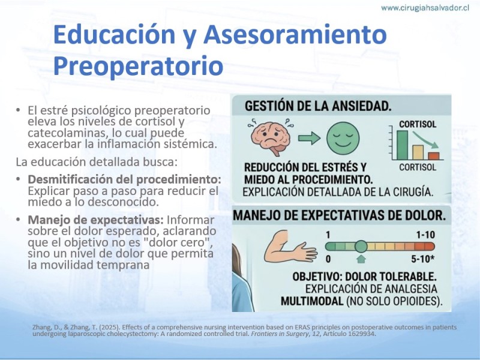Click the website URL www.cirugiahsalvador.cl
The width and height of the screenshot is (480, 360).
point(425,8)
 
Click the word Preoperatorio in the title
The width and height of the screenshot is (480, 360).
point(138,66)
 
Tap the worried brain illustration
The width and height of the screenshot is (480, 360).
point(271,137)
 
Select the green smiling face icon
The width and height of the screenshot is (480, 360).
point(343,138)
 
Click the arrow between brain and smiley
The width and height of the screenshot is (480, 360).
point(309,139)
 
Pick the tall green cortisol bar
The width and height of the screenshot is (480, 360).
point(402,145)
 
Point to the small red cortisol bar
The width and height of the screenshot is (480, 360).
point(434,156)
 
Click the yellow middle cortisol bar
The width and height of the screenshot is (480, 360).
point(418,152)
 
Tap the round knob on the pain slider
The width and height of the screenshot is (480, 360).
point(361,247)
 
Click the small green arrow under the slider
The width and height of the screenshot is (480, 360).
point(361,259)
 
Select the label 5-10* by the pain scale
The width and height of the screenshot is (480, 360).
point(423,259)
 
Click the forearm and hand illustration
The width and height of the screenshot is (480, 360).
point(289,247)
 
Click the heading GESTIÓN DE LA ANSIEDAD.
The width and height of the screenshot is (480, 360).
point(318,106)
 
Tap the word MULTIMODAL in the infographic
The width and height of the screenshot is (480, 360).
point(312,301)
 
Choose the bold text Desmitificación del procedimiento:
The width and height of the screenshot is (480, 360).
point(124,179)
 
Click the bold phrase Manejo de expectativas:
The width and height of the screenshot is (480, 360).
point(96,220)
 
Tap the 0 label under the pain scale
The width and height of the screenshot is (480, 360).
point(328,259)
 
